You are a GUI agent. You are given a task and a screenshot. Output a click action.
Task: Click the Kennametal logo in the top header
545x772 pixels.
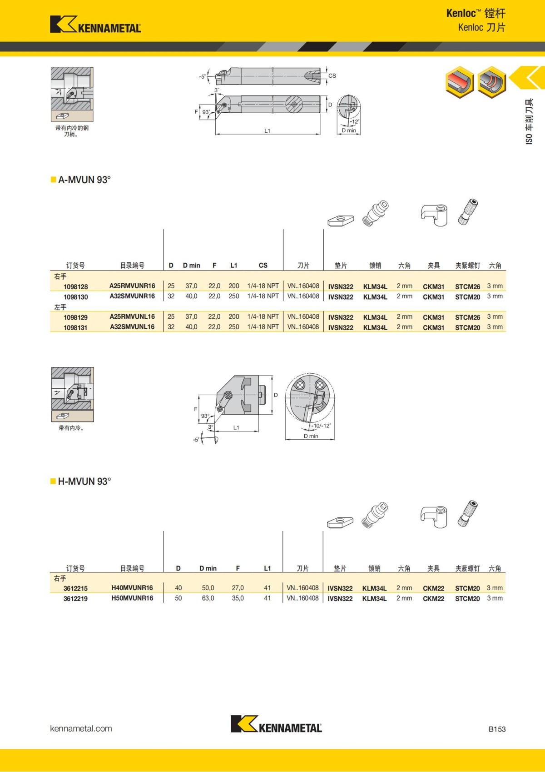coord(95,25)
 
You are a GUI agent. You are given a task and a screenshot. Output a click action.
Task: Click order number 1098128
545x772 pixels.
coord(76,287)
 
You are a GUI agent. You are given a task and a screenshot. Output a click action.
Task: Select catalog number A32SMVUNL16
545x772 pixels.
coord(132,327)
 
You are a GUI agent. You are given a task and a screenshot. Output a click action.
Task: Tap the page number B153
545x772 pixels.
coord(497,729)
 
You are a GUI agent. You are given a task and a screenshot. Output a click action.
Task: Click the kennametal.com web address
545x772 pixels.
coord(81,729)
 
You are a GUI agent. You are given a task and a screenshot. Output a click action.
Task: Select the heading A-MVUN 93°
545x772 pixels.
coord(84,180)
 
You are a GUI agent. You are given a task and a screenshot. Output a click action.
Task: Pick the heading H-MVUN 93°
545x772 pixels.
coord(84,481)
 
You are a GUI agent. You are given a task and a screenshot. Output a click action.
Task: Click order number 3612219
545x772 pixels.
coord(75,599)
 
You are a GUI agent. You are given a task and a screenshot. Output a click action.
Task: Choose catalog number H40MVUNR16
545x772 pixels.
coord(132,588)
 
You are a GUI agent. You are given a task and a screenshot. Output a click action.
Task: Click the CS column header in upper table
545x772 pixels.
coord(263,266)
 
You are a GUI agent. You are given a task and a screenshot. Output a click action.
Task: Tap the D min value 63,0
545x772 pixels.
coord(208,598)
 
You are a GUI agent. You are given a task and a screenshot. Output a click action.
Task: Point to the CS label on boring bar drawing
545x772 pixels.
coord(332,76)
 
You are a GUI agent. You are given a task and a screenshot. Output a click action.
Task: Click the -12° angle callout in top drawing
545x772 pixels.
coord(354,121)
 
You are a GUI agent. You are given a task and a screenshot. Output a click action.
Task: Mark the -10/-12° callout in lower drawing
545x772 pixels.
coord(322,426)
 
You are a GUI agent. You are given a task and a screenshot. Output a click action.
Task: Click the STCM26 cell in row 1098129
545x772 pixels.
coord(467,317)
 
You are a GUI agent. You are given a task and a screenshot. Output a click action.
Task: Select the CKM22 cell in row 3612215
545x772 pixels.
coord(433,588)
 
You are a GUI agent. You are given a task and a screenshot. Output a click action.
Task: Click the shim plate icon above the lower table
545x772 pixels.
coord(340,522)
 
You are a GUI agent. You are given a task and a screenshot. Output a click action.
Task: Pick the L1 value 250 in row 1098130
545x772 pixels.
coord(234,296)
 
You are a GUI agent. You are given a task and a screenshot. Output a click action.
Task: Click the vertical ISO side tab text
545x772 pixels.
coord(529,122)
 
